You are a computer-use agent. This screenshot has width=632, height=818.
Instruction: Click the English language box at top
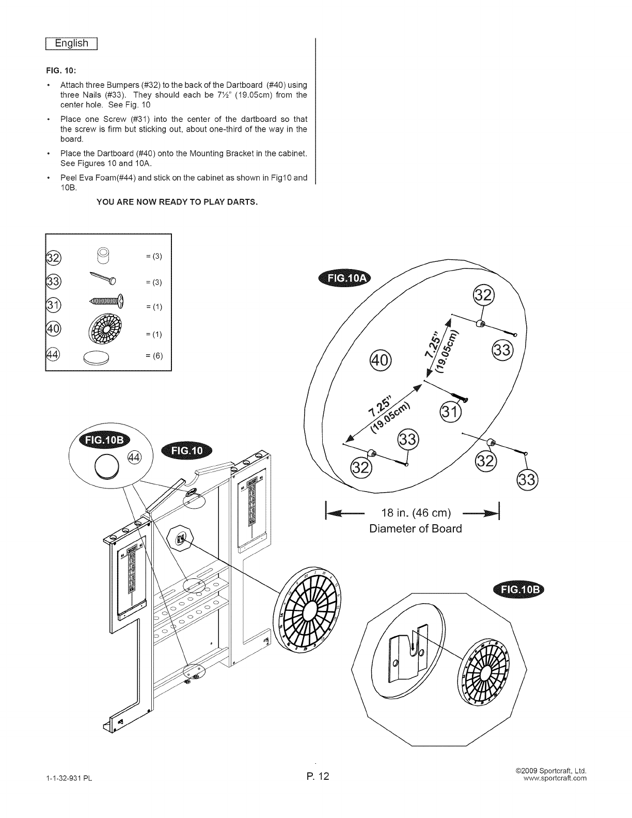[x=73, y=43]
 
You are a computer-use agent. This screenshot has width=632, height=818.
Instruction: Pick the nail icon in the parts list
[x=104, y=278]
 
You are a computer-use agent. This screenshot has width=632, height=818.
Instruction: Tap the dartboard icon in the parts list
[x=106, y=331]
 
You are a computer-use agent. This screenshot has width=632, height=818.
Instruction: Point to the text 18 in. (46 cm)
[x=416, y=513]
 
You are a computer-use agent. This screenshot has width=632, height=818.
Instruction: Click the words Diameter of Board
[x=415, y=529]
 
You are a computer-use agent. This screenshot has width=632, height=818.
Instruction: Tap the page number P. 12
[x=316, y=776]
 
